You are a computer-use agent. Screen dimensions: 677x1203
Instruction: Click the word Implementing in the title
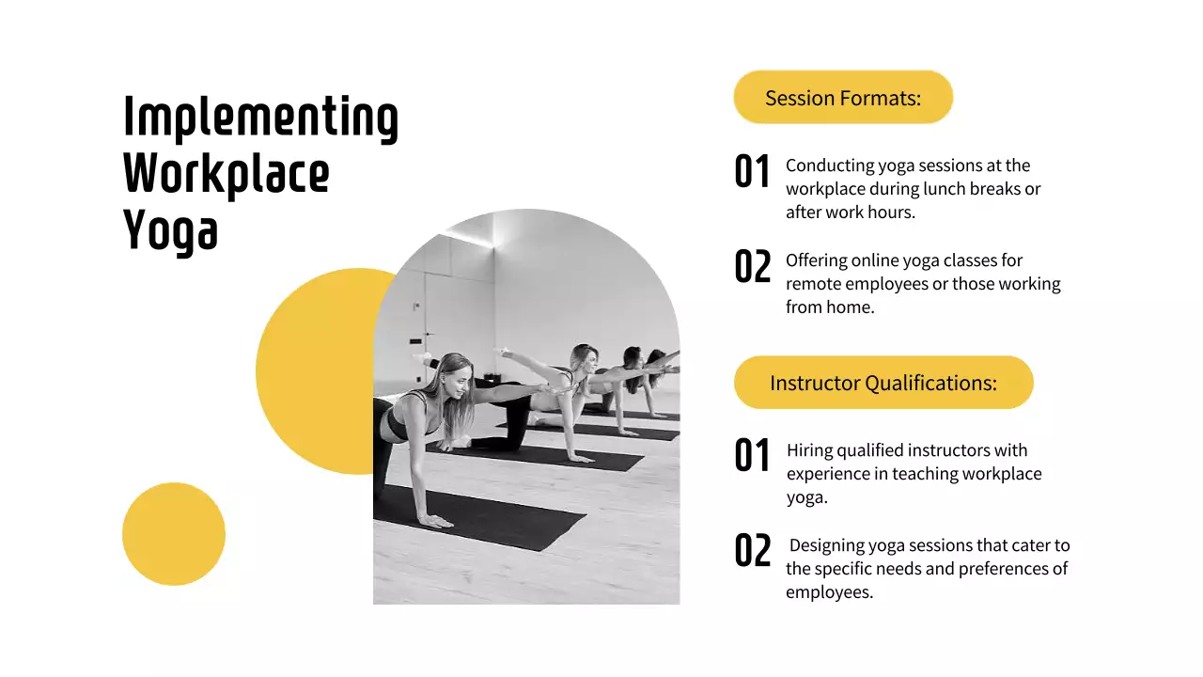(260, 119)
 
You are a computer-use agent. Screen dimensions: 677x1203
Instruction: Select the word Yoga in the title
(170, 229)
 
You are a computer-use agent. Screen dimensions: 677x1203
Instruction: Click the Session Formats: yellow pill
(843, 98)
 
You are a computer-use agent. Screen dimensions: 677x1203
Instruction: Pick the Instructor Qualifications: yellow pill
(883, 383)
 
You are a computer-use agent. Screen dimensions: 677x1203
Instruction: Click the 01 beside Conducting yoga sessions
(752, 172)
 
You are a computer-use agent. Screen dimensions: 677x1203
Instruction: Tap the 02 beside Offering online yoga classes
(752, 267)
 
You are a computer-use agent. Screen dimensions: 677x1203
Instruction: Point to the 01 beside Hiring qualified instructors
(752, 456)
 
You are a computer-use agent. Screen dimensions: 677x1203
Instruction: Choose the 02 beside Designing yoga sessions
(752, 551)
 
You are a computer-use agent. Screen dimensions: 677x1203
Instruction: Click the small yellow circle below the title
(174, 534)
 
